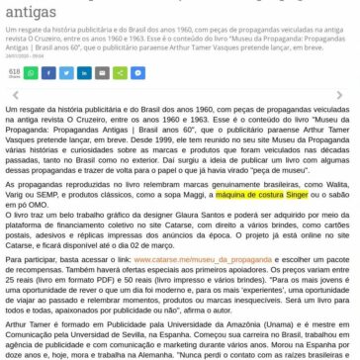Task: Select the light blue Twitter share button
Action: [x=64, y=72]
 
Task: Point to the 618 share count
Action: [x=13, y=71]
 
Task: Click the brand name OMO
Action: [x=29, y=203]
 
